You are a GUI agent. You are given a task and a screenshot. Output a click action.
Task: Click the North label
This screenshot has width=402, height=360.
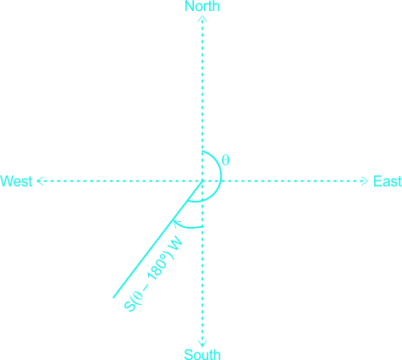pos(202,6)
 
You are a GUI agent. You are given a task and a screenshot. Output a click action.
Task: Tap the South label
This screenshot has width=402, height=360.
pos(202,354)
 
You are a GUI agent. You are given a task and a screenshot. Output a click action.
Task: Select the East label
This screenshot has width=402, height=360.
pos(388,181)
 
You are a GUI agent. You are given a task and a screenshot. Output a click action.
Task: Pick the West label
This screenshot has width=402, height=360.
pos(16,181)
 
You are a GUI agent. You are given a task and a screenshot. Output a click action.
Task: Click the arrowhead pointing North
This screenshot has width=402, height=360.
pos(202,19)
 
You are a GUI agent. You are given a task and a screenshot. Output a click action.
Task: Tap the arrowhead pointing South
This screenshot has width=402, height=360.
pos(202,344)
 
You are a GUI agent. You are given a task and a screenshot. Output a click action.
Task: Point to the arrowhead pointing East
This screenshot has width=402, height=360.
pos(365,181)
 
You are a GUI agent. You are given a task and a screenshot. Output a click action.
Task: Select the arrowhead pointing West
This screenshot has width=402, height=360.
pos(40,181)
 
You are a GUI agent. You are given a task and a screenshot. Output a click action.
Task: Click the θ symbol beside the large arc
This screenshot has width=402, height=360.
pos(226,160)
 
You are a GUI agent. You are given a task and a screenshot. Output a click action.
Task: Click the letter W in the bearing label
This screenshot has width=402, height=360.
pos(175,243)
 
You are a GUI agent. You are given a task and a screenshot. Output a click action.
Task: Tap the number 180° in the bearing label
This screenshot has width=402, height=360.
pos(157,267)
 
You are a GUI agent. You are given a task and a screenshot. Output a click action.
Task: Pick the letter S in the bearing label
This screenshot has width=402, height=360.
pos(129,307)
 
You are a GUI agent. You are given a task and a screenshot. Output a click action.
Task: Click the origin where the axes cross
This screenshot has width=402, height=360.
pos(202,181)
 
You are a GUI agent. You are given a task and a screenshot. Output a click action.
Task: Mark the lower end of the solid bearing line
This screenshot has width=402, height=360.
pos(113,297)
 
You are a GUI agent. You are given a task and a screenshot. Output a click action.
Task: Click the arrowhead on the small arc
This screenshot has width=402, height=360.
pos(177,223)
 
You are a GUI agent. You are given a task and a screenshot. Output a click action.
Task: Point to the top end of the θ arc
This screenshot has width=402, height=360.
pos(202,152)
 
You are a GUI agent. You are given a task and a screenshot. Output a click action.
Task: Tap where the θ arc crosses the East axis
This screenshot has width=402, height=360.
pos(221,181)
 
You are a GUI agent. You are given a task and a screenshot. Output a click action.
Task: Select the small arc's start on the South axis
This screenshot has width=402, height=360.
pos(202,227)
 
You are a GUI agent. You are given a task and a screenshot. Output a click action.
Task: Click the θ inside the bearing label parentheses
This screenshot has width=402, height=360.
pos(138,296)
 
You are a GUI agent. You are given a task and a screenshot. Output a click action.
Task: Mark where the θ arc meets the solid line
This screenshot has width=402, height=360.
pos(188,200)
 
